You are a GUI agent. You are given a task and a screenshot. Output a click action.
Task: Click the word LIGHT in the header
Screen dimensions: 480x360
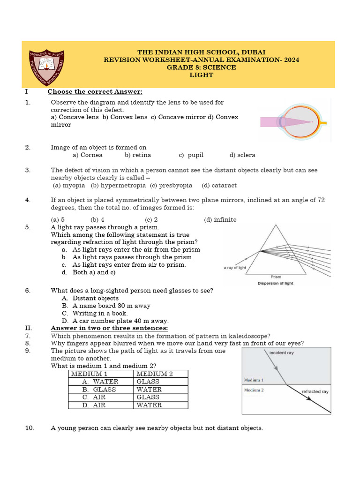coord(201,75)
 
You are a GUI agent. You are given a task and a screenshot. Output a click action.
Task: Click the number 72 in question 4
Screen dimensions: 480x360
coord(321,200)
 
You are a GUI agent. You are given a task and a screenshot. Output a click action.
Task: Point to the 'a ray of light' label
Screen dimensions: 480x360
coord(235,268)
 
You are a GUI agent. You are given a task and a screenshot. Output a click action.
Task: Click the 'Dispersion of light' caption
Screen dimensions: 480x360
coord(276,283)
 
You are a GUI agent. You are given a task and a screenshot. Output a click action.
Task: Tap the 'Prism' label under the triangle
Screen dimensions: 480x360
coord(276,277)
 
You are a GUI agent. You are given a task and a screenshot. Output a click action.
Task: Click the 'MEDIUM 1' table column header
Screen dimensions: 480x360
coord(90,374)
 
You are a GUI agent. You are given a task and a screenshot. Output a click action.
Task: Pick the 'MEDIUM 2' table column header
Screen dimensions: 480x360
coord(155,374)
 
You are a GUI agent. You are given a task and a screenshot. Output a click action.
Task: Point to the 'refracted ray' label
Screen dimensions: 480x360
coord(315,391)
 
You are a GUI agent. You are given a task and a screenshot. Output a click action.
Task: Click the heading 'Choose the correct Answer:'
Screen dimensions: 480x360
coord(95,91)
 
